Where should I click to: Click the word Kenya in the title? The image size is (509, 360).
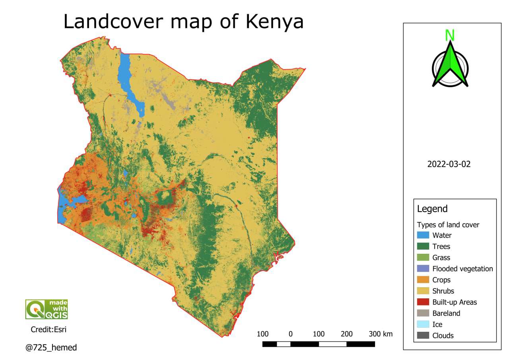[x=274, y=22]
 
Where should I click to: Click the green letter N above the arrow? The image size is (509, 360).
[x=450, y=35]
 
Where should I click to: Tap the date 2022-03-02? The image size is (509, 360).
[x=449, y=164]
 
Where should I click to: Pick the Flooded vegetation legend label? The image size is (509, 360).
[x=462, y=269]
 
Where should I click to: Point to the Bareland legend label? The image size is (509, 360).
[x=446, y=313]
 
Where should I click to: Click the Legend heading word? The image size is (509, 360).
[x=432, y=209]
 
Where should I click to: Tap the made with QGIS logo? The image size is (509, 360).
[x=47, y=309]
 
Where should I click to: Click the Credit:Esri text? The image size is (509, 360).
[x=47, y=329]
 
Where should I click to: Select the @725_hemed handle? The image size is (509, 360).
[x=51, y=348]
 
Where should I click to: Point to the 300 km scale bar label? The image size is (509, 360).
[x=381, y=334]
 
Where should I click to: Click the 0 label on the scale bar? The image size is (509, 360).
[x=291, y=334]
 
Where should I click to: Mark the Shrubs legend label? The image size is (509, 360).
[x=443, y=291]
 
